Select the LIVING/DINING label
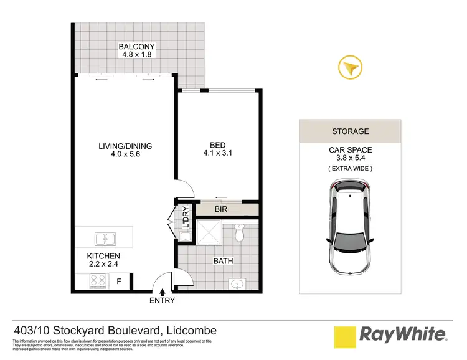pyautogui.click(x=125, y=146)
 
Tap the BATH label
pyautogui.click(x=224, y=261)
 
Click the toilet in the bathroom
pyautogui.click(x=240, y=234)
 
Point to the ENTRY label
pyautogui.click(x=162, y=301)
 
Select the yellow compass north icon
pyautogui.click(x=349, y=68)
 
